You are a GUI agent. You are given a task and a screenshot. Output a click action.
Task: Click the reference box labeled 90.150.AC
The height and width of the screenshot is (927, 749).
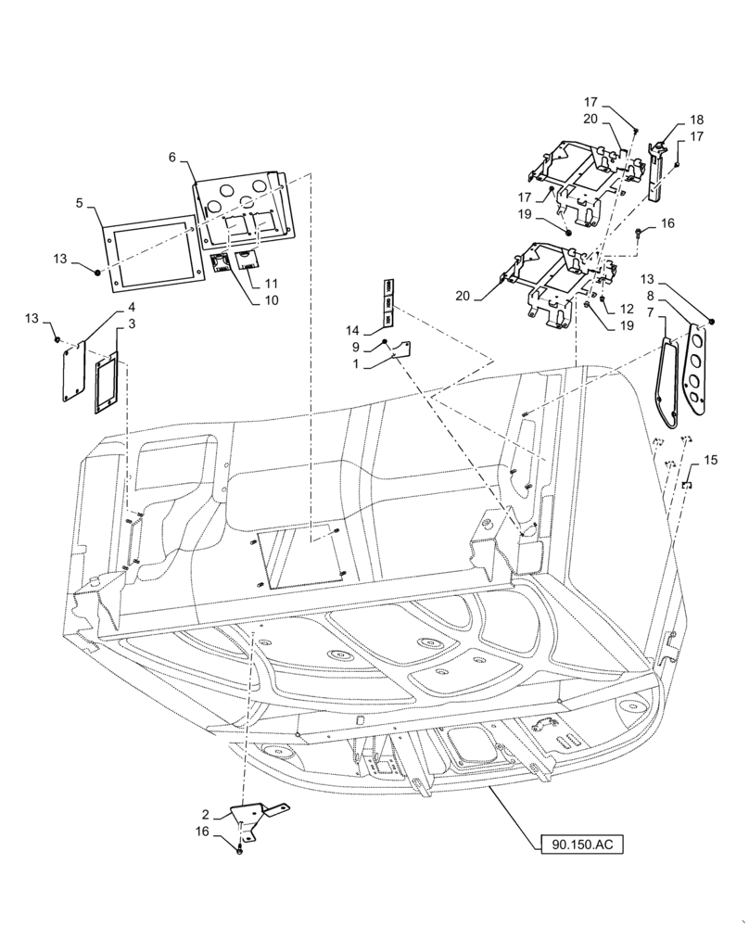[581, 844]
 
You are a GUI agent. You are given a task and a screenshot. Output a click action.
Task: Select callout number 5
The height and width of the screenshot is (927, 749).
[80, 202]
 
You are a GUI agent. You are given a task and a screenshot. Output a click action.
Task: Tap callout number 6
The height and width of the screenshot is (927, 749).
[172, 158]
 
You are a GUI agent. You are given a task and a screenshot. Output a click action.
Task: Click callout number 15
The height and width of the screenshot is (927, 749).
[710, 460]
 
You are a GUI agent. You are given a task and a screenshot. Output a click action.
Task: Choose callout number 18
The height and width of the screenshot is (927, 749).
[696, 121]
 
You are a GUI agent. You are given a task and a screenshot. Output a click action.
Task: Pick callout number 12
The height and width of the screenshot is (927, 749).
[628, 309]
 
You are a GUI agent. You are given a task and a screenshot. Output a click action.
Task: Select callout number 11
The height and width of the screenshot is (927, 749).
[272, 283]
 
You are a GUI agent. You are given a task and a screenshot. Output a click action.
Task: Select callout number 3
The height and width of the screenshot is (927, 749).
[132, 324]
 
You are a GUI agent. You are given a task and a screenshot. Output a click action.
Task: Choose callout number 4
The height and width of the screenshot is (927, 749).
[132, 307]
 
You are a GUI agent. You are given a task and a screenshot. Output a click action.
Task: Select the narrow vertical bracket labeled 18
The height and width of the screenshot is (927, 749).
[657, 171]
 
